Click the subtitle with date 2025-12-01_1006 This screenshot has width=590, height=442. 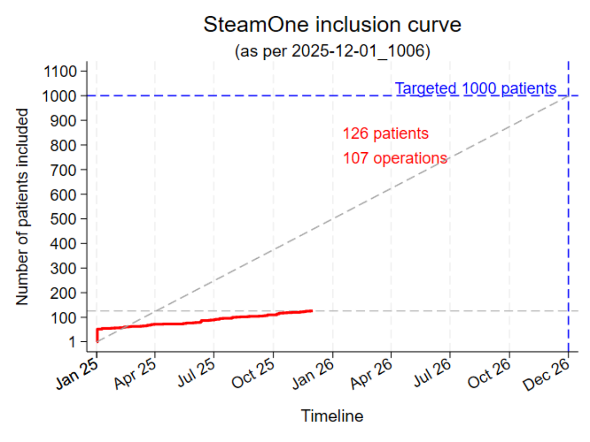(x=333, y=51)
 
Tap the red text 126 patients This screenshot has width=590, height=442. (x=385, y=134)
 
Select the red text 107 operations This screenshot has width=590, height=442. (x=395, y=159)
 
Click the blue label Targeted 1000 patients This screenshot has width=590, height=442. (x=475, y=88)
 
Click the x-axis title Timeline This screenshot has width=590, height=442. (x=332, y=416)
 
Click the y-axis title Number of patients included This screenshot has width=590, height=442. (x=22, y=206)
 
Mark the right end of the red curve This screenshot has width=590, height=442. (x=312, y=310)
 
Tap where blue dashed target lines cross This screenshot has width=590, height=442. (x=568, y=96)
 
